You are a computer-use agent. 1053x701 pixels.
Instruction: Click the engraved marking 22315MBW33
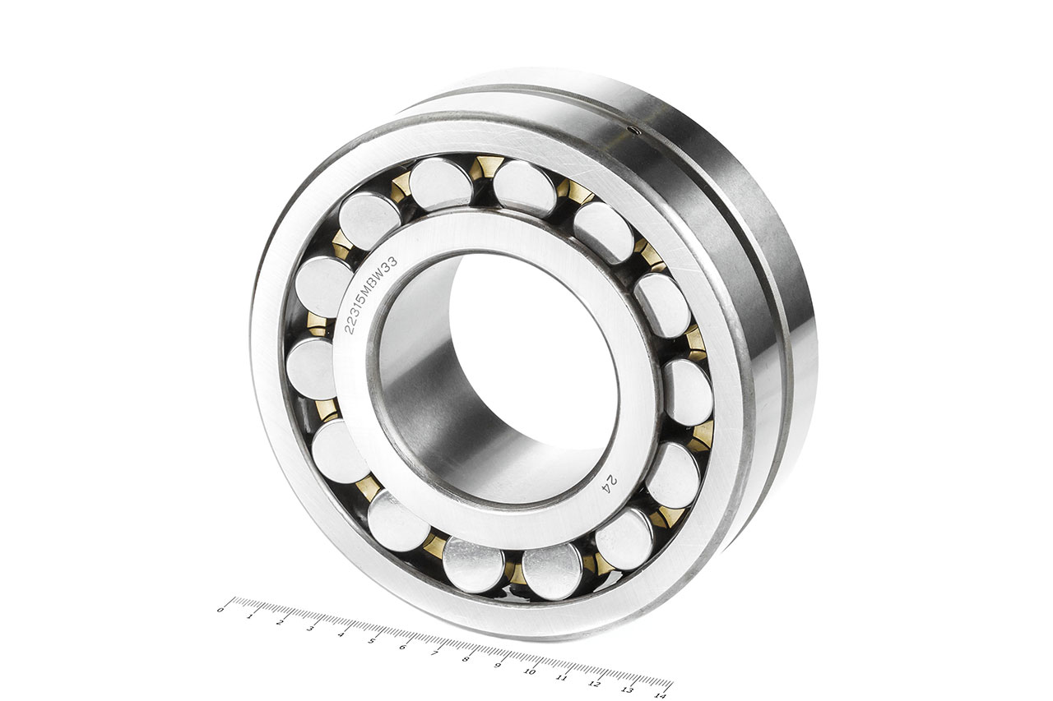point(371,295)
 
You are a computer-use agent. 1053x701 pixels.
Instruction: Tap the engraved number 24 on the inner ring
point(610,483)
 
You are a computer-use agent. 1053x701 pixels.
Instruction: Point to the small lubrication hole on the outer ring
point(634,131)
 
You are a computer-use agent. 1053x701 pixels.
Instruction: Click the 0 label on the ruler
point(220,610)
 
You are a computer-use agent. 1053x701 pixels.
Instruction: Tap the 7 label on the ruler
point(434,653)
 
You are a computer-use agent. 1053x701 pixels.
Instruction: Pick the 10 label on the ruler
point(529,671)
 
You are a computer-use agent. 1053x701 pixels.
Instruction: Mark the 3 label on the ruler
point(310,628)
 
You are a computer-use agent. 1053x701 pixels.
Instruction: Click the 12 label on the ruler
point(595,684)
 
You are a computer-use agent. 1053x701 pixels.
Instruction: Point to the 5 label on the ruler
point(372,640)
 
